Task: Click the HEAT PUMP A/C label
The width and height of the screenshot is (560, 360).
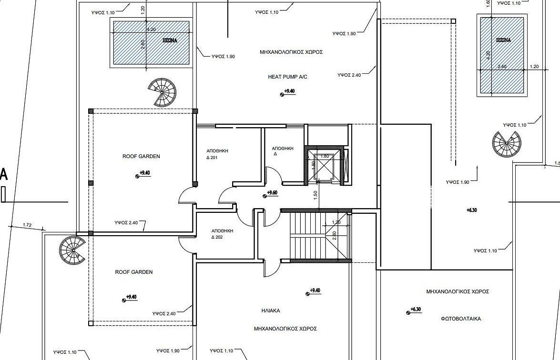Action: coord(287,77)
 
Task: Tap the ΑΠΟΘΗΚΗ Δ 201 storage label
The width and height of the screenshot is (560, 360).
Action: coord(217,154)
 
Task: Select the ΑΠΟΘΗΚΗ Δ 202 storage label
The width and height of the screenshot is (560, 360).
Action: coord(222,234)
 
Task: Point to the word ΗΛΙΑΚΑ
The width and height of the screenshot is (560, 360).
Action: coord(271,311)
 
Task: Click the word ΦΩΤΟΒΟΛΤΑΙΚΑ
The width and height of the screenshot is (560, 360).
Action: coord(461,319)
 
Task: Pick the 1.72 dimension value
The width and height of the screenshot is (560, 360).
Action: coord(27,225)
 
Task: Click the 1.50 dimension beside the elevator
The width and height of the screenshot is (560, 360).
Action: coord(316,195)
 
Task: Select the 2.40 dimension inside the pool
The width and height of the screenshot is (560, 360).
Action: coord(502,66)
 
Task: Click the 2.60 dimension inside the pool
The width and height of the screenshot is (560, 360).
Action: coord(143,45)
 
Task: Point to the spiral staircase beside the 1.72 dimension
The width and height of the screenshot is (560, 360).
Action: coord(72,251)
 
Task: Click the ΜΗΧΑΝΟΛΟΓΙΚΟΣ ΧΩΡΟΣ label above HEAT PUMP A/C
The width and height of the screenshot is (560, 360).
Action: coord(291,52)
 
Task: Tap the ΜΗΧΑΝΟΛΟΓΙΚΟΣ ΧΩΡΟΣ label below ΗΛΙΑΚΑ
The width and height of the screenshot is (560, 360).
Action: coord(285,329)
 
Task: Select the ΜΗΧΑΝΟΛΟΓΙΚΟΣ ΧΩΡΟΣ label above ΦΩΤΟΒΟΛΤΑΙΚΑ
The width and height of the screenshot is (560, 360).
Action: coord(458,291)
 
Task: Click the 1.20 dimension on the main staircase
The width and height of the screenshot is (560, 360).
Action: coord(336,222)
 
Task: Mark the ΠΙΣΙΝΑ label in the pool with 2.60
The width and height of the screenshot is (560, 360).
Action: coord(170,40)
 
